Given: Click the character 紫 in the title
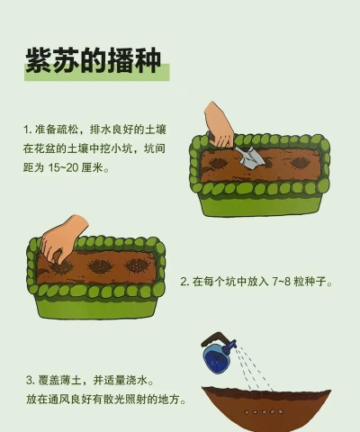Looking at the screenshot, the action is click(x=39, y=60).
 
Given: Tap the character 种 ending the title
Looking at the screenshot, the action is click(x=148, y=60).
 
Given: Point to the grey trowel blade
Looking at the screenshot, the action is click(x=251, y=157).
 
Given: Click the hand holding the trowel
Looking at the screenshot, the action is click(x=219, y=124).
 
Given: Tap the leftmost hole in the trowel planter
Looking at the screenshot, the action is click(x=218, y=164).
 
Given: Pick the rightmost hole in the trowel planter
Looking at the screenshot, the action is click(x=301, y=163).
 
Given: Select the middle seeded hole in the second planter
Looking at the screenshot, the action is click(x=100, y=266).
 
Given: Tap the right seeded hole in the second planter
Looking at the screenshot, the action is click(x=137, y=265).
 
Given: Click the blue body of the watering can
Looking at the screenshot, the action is click(x=217, y=358).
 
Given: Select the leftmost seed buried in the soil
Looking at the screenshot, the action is click(x=247, y=412).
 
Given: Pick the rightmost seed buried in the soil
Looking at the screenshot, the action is click(x=281, y=411).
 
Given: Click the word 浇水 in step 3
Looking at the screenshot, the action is click(x=137, y=381).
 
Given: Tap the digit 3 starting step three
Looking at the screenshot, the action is click(x=29, y=381).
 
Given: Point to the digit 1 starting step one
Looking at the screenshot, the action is click(x=26, y=130).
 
